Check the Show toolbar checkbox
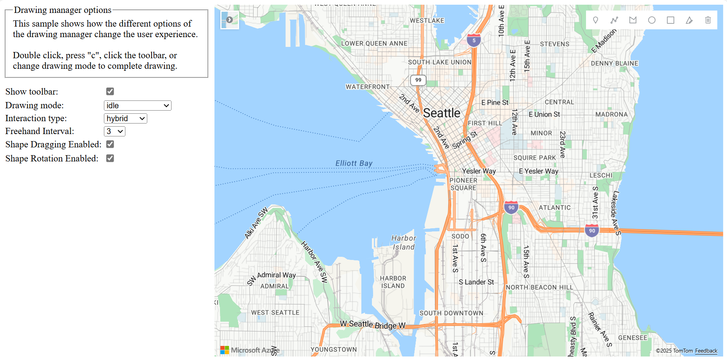(x=110, y=91)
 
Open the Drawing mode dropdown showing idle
(x=138, y=106)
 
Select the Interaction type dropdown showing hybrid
(x=125, y=118)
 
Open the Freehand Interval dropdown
(x=114, y=131)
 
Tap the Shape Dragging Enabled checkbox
(x=110, y=144)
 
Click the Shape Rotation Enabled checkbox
(x=110, y=158)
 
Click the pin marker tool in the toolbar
(x=595, y=20)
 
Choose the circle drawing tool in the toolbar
(x=652, y=20)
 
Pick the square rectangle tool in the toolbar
(x=670, y=20)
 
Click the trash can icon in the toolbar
(x=708, y=20)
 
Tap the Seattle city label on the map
(x=441, y=113)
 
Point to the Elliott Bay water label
(x=354, y=163)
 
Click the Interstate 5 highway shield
(x=474, y=40)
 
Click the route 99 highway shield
(x=418, y=80)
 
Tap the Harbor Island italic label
(x=404, y=242)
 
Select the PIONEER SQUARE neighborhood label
(x=463, y=184)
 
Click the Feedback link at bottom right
(x=706, y=351)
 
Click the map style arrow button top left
(x=230, y=20)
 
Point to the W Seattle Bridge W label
(x=372, y=324)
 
